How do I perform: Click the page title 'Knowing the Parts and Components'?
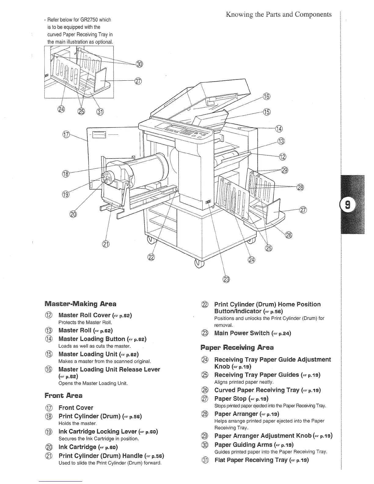click(x=279, y=14)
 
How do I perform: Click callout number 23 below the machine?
click(x=226, y=279)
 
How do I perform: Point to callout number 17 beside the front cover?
click(x=66, y=135)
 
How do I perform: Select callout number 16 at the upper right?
click(x=266, y=97)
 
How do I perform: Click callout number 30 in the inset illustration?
click(x=139, y=64)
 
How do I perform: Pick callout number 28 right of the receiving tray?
click(x=300, y=187)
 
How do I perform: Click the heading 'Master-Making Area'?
click(x=80, y=304)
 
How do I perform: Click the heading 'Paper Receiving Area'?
click(x=237, y=347)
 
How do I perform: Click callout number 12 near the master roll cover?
click(x=283, y=157)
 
